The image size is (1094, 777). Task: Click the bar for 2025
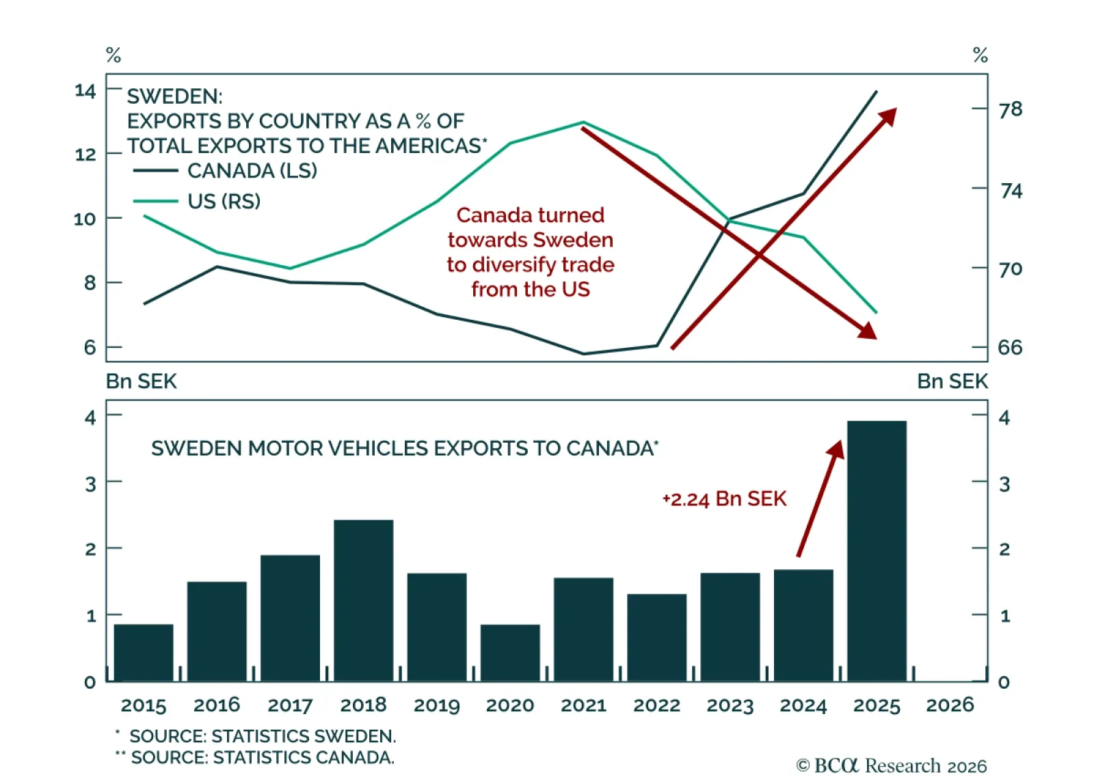[877, 551]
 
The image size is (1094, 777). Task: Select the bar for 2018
[363, 601]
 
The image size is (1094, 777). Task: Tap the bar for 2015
[144, 653]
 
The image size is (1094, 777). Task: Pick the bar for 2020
[510, 653]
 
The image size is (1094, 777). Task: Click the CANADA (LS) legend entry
[225, 171]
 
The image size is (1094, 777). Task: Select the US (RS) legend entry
[197, 201]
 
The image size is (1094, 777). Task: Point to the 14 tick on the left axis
[85, 91]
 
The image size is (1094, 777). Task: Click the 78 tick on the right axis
[1011, 109]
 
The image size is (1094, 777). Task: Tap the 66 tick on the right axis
[1011, 348]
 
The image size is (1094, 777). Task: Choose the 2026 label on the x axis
[950, 705]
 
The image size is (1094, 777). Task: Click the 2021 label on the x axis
[583, 705]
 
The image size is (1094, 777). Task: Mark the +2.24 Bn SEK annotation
[724, 500]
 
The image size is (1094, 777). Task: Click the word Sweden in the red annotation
[572, 240]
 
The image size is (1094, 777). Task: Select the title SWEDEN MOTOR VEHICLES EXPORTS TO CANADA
[405, 448]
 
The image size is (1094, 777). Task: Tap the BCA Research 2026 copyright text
[892, 765]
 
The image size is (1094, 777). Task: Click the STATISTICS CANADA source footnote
[254, 757]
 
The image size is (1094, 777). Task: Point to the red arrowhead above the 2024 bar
[837, 448]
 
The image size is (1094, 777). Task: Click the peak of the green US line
[583, 122]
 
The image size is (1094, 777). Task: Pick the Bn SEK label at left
[141, 381]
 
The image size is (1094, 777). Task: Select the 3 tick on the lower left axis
[90, 484]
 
